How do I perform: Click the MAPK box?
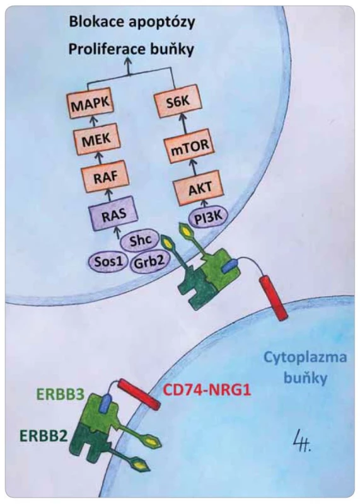click(x=91, y=105)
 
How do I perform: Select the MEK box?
click(x=96, y=140)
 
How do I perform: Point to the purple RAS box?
click(x=113, y=213)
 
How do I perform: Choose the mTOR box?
click(x=190, y=147)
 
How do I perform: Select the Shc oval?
click(x=140, y=241)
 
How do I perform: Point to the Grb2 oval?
click(x=148, y=262)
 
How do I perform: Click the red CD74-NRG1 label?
click(x=207, y=391)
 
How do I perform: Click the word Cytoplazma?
click(x=305, y=357)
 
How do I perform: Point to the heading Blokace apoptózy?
click(x=132, y=22)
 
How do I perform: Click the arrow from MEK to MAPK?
click(x=94, y=123)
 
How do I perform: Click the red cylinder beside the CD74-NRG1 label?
click(x=139, y=395)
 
